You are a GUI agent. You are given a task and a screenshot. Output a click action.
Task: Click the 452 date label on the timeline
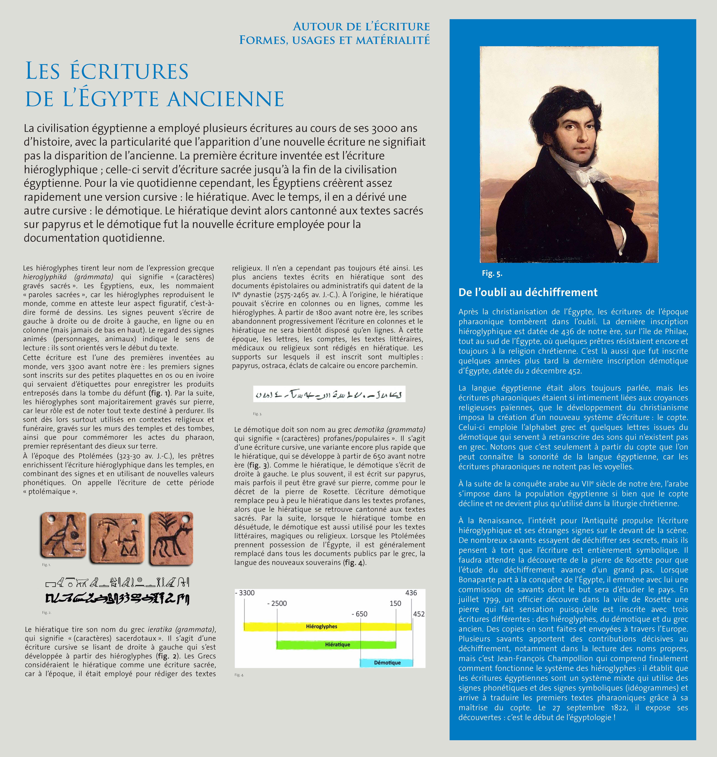point(419,614)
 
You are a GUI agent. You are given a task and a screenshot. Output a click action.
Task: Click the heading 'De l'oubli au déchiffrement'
point(528,293)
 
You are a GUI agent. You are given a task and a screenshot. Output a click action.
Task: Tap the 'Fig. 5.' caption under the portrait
point(492,273)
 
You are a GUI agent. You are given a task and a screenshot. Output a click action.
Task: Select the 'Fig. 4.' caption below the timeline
point(239,675)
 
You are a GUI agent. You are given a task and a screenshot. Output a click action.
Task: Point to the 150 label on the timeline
point(395,603)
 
